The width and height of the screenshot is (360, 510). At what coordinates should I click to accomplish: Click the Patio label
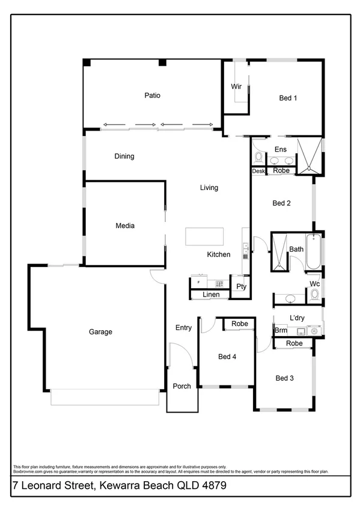tap(152, 95)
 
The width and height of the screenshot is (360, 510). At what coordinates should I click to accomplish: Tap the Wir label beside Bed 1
tap(236, 87)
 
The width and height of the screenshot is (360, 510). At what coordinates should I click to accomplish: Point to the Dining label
tap(124, 156)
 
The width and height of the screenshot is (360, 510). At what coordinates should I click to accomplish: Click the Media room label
tap(125, 226)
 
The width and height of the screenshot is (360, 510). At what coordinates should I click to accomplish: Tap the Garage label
tap(101, 331)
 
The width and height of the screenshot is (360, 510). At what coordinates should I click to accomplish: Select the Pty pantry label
tap(241, 286)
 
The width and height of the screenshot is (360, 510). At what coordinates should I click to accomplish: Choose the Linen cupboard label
tap(210, 295)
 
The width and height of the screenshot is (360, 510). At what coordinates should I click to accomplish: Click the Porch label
tap(182, 386)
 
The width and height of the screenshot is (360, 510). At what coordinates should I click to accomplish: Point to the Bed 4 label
tap(227, 357)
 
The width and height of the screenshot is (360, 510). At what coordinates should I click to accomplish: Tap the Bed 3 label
tap(284, 378)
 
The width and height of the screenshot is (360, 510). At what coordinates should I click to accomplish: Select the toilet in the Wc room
tap(314, 294)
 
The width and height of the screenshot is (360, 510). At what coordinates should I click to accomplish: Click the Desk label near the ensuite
tap(258, 171)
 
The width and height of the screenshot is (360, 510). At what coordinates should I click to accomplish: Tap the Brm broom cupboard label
tap(280, 331)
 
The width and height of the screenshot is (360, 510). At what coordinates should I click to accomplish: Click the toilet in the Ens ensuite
tap(258, 158)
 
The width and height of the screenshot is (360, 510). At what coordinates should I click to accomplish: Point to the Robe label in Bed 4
tap(240, 324)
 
